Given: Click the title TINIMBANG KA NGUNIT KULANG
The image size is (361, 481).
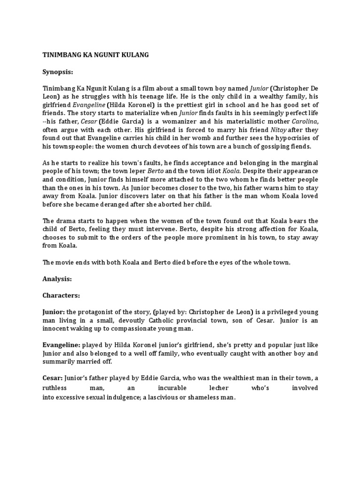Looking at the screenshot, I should (96, 55).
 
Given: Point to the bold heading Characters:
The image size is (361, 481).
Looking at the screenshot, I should (62, 296).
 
